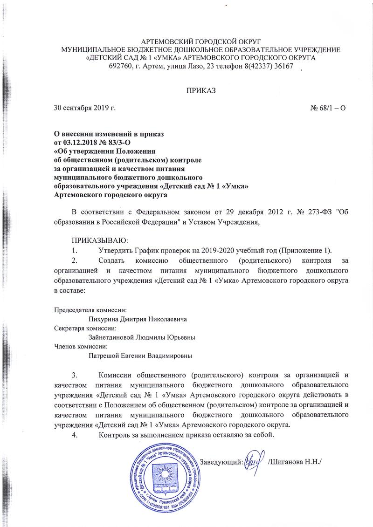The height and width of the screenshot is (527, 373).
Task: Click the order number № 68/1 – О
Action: [x=328, y=108]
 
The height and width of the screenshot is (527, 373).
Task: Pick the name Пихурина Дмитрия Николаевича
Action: [x=138, y=320]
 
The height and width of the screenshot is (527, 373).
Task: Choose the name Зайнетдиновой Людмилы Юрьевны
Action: [x=142, y=338]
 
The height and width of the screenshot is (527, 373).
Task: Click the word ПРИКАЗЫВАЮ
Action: [x=96, y=240]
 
